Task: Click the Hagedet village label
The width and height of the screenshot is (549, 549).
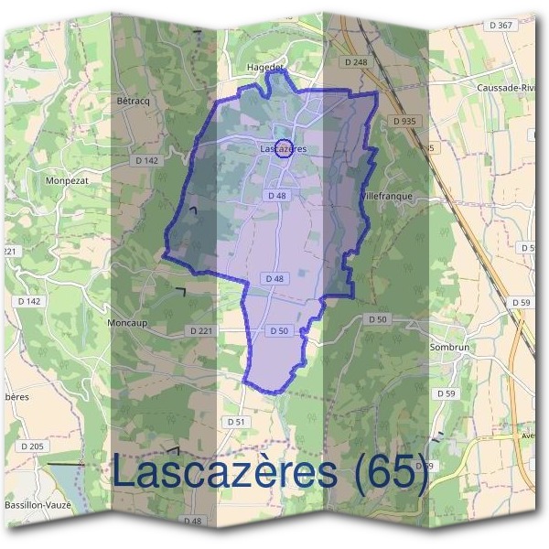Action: tap(266, 67)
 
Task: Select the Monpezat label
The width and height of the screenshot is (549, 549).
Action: tap(66, 181)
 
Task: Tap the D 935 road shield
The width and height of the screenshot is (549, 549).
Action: tap(404, 121)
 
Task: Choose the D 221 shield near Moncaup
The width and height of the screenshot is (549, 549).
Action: tap(200, 330)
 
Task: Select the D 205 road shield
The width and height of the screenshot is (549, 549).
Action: tap(31, 446)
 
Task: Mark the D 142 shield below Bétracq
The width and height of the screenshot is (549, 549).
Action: tap(146, 160)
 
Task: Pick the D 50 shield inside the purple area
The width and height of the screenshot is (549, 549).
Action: tap(279, 330)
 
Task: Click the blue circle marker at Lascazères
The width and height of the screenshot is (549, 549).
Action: tap(284, 147)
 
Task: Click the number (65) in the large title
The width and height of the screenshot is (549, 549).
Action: tap(391, 472)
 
